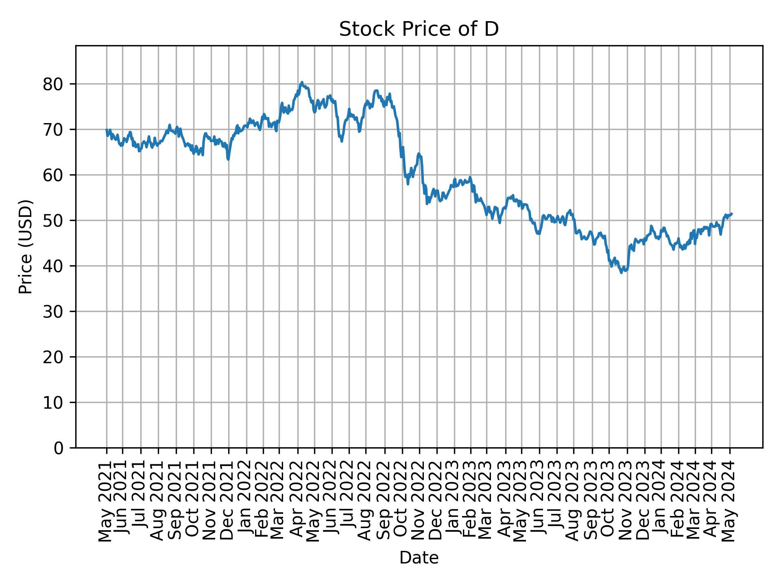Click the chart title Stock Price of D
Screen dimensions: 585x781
click(419, 29)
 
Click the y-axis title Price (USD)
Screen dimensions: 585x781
click(26, 247)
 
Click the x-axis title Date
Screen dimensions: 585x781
click(419, 558)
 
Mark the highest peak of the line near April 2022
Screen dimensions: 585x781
click(301, 82)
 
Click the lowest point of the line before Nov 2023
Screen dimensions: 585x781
click(622, 273)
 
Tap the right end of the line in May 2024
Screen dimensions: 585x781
click(732, 214)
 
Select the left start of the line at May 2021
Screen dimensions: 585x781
click(107, 130)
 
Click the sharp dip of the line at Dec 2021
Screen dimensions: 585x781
click(229, 160)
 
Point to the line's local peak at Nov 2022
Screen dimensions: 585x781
click(419, 154)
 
